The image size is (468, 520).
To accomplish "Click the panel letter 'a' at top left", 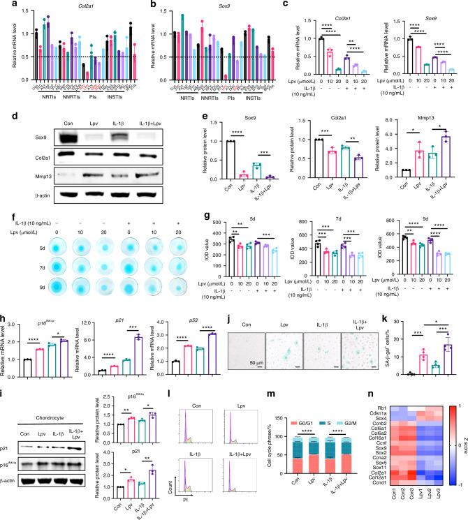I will point(5,6).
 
